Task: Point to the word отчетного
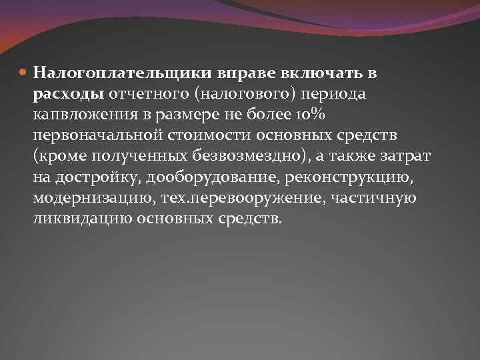pos(143,93)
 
